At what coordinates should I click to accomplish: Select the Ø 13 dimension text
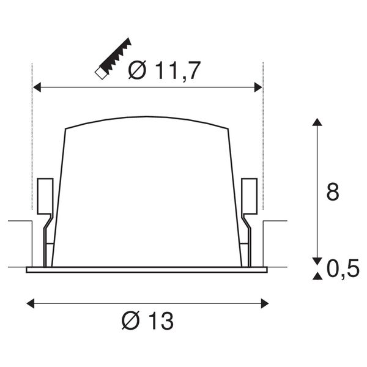point(147,319)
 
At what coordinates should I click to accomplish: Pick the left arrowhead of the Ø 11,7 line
point(37,88)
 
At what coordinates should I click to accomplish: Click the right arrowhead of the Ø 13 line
point(264,302)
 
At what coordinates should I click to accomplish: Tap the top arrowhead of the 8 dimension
point(316,122)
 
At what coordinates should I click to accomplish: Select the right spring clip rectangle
point(249,195)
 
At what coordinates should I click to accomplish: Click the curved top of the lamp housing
point(147,118)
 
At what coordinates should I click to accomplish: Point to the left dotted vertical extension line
point(32,135)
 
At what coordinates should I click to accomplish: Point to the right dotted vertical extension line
point(262,135)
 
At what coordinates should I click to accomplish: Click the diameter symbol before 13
point(130,319)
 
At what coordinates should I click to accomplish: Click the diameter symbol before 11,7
point(137,72)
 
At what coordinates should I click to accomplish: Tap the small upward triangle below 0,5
point(316,277)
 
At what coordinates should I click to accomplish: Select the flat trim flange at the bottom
point(147,269)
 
